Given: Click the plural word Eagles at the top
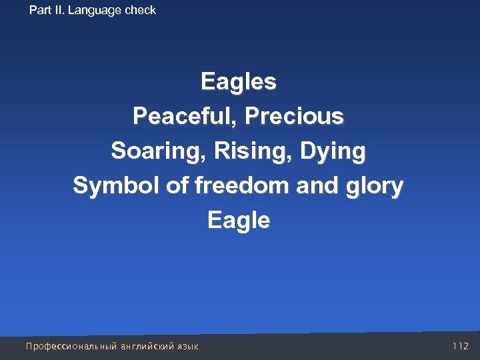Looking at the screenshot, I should [x=239, y=83].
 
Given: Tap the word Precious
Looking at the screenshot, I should [x=294, y=117].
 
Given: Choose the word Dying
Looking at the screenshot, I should [x=333, y=151].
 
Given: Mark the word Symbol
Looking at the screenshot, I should [x=117, y=186].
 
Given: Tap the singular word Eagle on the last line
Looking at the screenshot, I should [x=239, y=221].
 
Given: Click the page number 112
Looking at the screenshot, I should [x=461, y=346].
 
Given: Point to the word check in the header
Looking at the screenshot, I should [x=140, y=10].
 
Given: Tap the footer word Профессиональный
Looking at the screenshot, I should [x=71, y=346].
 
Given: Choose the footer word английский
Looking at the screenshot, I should [x=146, y=346].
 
